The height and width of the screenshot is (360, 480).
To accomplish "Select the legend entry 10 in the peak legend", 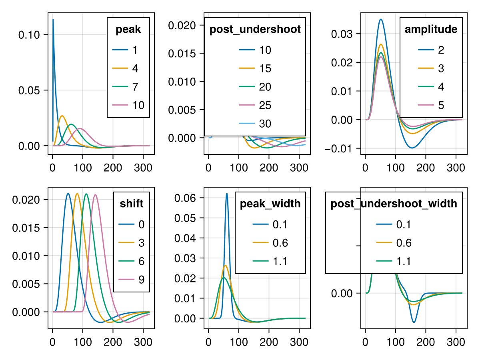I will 138,105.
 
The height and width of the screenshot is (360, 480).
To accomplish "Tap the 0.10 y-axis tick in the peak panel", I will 29,34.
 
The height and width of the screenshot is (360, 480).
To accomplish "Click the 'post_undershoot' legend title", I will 255,30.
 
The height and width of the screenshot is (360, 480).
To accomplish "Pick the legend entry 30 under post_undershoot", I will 265,124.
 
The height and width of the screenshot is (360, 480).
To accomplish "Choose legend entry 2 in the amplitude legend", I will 441,50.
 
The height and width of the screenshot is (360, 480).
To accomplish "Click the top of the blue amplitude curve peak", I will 381,19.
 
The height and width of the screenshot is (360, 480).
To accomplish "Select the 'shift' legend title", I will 132,204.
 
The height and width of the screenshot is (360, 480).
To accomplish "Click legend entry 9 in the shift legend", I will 141,280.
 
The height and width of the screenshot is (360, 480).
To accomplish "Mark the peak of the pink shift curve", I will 95,195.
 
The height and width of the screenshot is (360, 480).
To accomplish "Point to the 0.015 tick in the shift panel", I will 26,228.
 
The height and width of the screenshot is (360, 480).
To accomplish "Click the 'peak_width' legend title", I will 270,204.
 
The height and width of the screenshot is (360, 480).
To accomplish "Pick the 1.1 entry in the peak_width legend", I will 280,261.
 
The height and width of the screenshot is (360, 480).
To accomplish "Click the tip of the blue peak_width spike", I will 226,194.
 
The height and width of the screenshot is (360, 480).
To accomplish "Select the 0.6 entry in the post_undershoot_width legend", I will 404,243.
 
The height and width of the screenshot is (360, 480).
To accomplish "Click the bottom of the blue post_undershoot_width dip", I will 414,322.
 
